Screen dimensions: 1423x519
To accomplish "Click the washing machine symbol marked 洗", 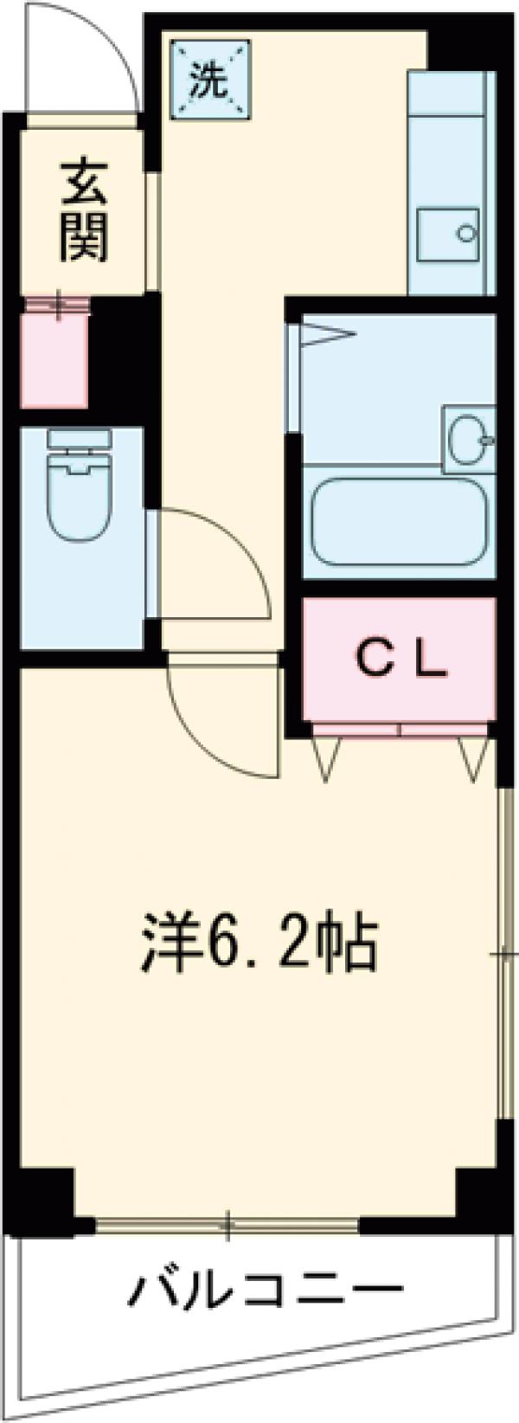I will (208, 80).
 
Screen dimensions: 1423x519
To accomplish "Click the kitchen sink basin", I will (448, 234).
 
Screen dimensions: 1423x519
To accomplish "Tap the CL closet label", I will (401, 661).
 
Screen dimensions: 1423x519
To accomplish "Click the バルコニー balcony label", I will (265, 1317).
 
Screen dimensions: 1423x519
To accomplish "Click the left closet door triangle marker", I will (327, 759).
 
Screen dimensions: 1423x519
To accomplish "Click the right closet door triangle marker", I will (474, 759).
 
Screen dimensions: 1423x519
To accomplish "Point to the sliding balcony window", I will (227, 1224).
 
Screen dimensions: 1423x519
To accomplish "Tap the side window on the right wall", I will (503, 952).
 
